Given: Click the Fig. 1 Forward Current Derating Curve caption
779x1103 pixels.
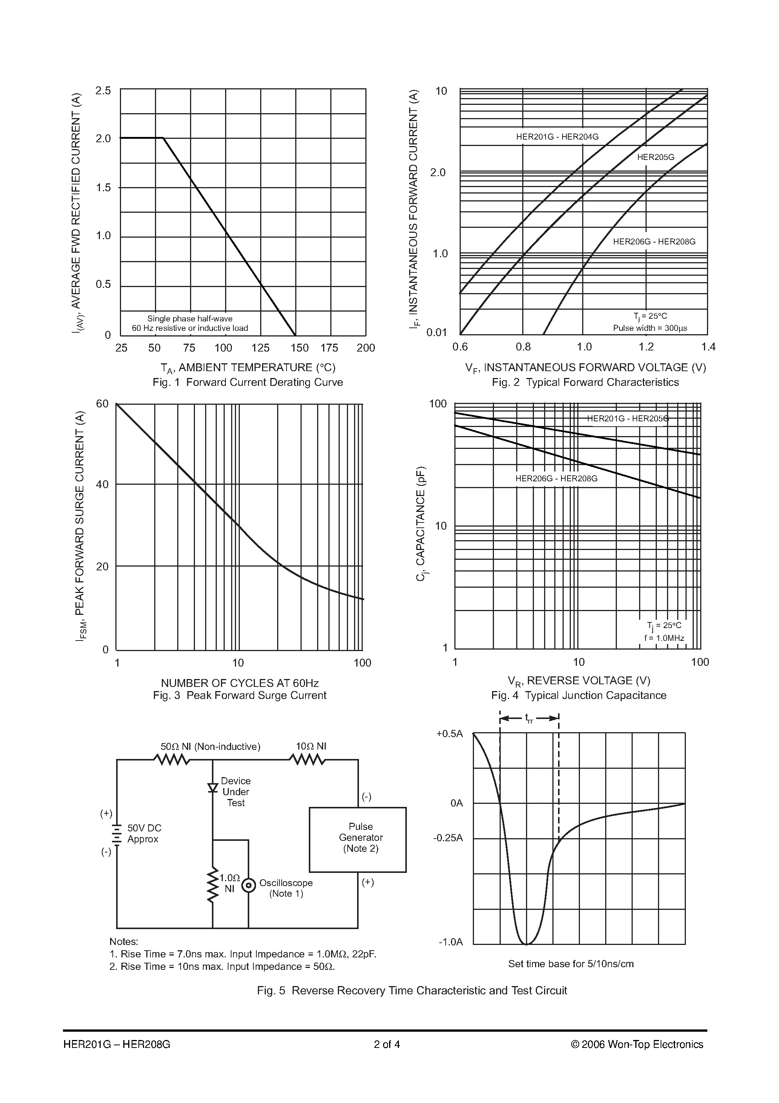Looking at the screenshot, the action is pyautogui.click(x=248, y=383).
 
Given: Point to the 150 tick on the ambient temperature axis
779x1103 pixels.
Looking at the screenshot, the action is pyautogui.click(x=300, y=348).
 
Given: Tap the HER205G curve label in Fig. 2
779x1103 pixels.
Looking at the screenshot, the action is pyautogui.click(x=656, y=157).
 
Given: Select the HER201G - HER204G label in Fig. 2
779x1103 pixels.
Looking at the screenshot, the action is pyautogui.click(x=557, y=137).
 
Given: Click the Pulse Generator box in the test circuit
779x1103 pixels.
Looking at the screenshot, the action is pyautogui.click(x=357, y=839).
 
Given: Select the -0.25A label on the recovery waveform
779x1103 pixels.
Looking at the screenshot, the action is pyautogui.click(x=448, y=838).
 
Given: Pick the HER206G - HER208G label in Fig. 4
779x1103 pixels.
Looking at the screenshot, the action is pyautogui.click(x=556, y=478).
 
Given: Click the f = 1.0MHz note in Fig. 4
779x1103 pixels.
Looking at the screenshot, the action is pyautogui.click(x=664, y=638).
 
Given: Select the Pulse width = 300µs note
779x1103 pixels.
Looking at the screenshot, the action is pyautogui.click(x=650, y=328).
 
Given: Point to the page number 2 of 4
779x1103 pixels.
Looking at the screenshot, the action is pyautogui.click(x=387, y=1045).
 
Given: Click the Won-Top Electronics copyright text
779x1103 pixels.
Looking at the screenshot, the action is pyautogui.click(x=637, y=1045).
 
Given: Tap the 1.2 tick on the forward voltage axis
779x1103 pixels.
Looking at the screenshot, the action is pyautogui.click(x=646, y=347).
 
